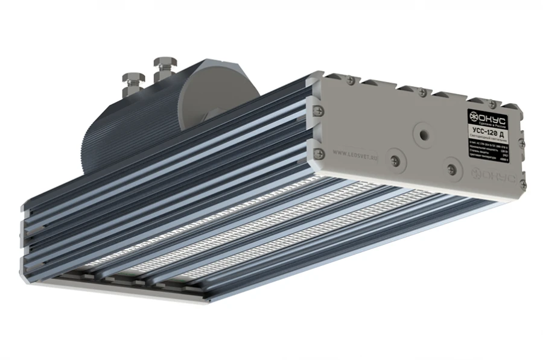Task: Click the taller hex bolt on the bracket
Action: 164,64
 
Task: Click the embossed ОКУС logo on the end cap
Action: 495,176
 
